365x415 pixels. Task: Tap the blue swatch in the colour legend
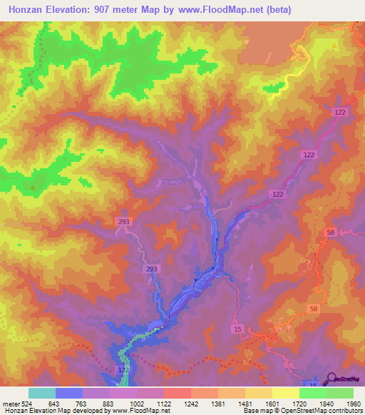coord(68,393)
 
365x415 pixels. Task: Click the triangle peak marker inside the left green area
coord(31,188)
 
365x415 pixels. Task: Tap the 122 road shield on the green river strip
coord(124,372)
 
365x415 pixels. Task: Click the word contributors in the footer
coord(342,411)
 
